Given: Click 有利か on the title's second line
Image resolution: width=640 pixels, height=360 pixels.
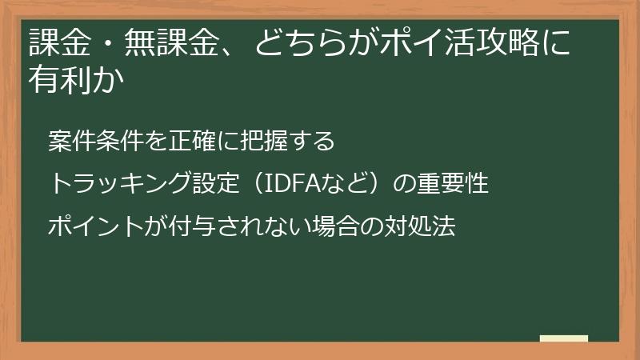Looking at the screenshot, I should [x=78, y=81].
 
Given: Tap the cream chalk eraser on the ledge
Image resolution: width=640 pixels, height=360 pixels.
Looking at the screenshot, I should [x=563, y=339].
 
